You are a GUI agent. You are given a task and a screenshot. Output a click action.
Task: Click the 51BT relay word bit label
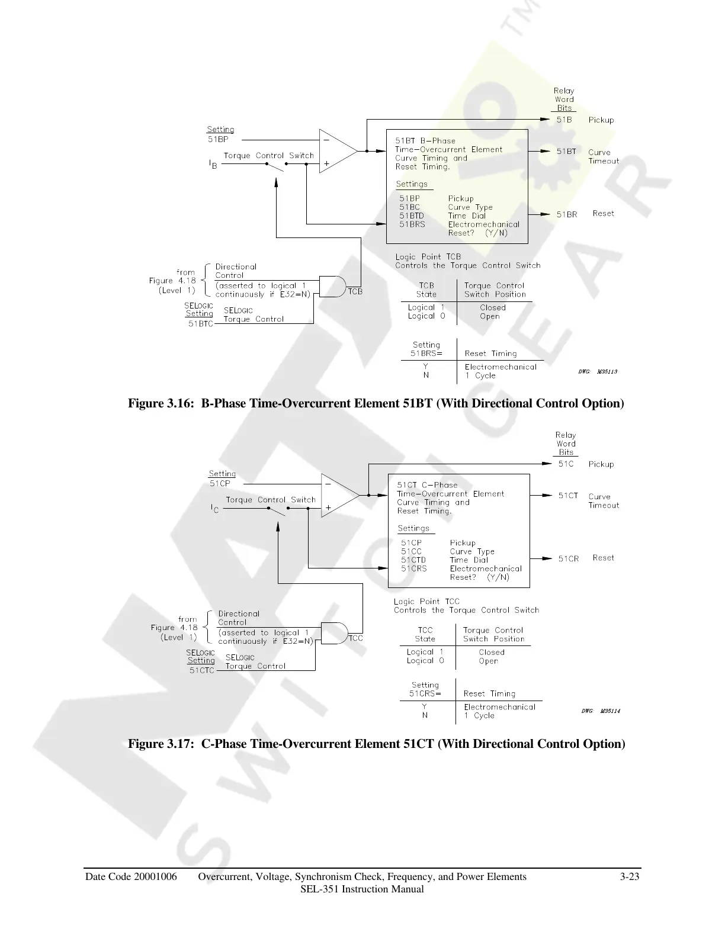click(566, 152)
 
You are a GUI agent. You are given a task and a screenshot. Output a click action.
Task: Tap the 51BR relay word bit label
click(567, 214)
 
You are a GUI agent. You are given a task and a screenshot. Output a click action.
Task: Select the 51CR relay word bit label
click(569, 558)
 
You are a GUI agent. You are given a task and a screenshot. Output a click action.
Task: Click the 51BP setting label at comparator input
click(218, 140)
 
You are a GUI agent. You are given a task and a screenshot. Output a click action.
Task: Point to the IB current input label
click(213, 165)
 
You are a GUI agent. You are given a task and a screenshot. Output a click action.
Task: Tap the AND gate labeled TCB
click(332, 286)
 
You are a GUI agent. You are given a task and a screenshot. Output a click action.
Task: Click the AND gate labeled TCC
click(333, 633)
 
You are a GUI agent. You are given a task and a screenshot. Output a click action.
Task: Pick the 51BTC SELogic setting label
click(200, 324)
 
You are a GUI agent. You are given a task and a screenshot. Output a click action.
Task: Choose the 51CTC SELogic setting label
click(202, 670)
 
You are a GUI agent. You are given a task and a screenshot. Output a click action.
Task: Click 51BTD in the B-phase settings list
click(412, 216)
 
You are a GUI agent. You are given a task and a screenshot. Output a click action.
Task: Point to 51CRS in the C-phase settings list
click(413, 568)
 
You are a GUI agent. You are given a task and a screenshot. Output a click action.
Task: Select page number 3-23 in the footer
click(630, 877)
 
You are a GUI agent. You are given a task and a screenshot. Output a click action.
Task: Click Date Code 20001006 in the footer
click(131, 877)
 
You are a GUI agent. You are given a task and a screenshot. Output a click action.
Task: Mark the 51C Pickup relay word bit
click(566, 464)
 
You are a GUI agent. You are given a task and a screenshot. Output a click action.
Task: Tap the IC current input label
click(215, 509)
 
